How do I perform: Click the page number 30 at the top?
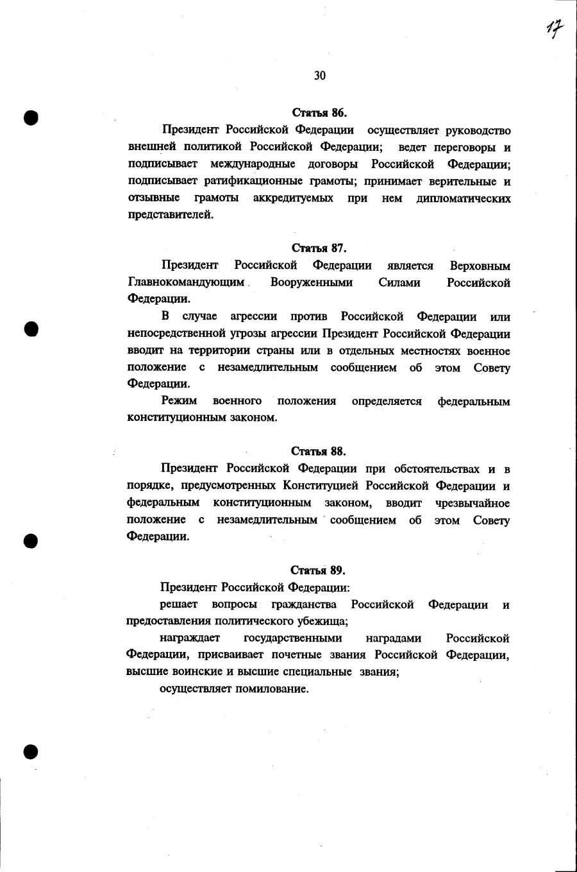coord(320,76)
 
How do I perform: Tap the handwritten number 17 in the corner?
coord(555,28)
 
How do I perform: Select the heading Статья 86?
coord(319,113)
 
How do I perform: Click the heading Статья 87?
coord(319,248)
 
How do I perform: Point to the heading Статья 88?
coord(319,451)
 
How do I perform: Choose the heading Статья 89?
coord(319,570)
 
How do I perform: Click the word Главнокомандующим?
coord(187,283)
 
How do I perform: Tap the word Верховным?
coord(480,266)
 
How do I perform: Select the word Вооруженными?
coord(312,283)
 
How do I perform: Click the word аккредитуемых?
coord(293,198)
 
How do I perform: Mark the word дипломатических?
coord(464,198)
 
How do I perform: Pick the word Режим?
coord(179,401)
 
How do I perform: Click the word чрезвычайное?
coord(472,502)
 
